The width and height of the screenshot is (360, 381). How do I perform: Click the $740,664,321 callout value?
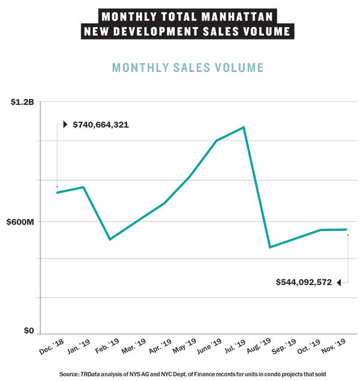tap(101, 125)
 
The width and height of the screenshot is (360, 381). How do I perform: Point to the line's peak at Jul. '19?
tap(244, 127)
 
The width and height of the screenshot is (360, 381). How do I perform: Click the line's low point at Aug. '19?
tap(270, 247)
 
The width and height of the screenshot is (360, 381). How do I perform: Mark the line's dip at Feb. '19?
tap(110, 239)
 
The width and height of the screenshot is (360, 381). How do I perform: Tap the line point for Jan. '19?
tap(83, 187)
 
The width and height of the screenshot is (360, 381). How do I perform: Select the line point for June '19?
tap(217, 140)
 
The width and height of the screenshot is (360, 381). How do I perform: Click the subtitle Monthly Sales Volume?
tap(188, 67)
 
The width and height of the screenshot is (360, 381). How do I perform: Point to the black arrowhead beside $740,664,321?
tap(65, 125)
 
